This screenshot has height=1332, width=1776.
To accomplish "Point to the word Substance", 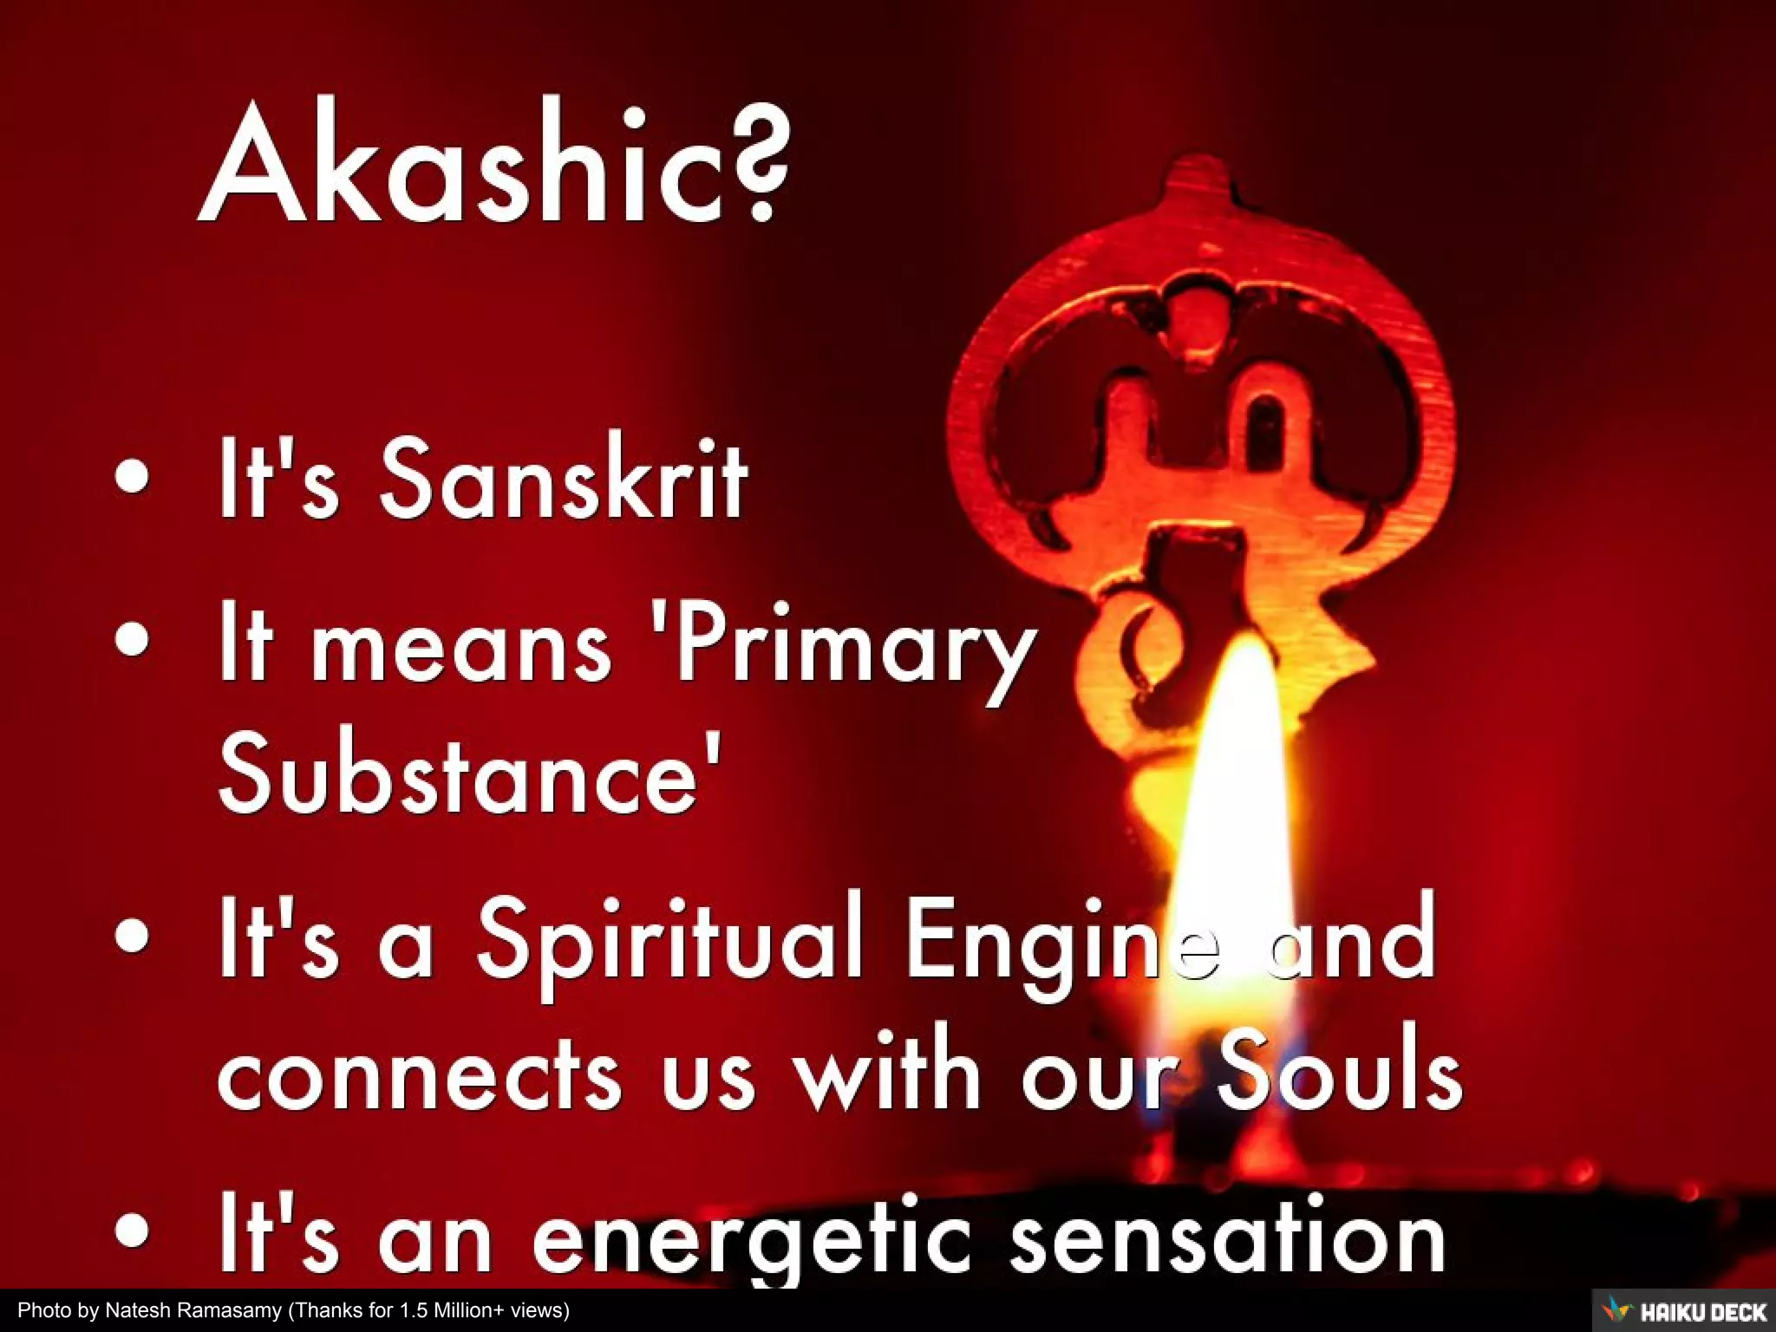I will coord(468,772).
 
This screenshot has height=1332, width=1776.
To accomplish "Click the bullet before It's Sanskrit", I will coord(131,478).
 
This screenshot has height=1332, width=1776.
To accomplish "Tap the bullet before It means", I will coord(131,641).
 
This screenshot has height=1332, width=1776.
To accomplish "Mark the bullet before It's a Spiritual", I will coord(131,937).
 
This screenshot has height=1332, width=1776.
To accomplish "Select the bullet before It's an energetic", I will coord(131,1231).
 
